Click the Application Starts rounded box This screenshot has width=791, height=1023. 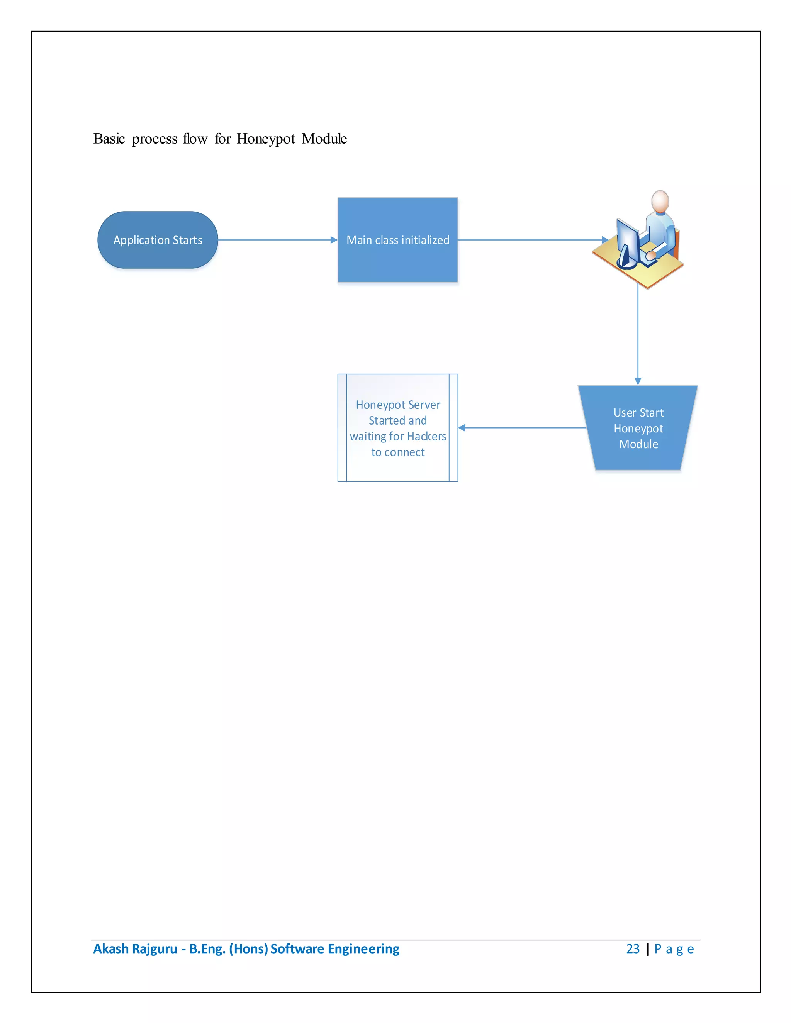pos(158,240)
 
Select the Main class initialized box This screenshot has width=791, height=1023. pos(397,240)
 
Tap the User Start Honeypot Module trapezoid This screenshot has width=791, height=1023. pos(638,428)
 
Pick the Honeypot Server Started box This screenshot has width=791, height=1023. pos(397,428)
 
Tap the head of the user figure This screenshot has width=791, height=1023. pos(660,201)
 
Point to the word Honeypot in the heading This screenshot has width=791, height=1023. pos(266,139)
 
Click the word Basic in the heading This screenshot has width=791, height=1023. pos(109,139)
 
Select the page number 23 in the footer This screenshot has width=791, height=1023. pos(632,948)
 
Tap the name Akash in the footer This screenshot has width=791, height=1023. pos(110,948)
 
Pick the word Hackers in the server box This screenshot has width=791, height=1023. pos(426,437)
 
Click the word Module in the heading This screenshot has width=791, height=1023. pos(324,139)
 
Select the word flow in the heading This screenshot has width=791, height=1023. pos(195,139)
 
